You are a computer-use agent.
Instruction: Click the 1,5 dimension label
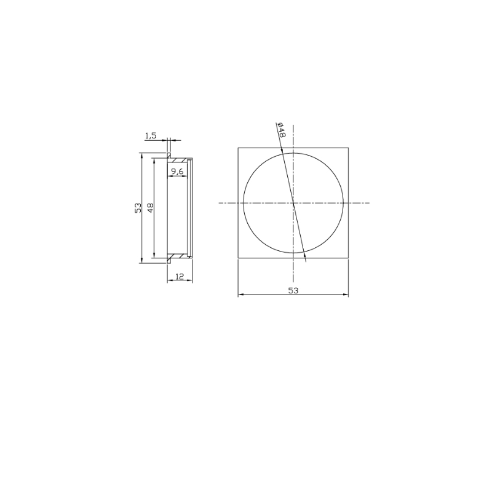tap(150, 135)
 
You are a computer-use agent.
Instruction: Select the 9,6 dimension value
tap(177, 171)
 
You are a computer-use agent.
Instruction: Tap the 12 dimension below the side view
tap(180, 276)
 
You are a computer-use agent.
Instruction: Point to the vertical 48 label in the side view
tap(151, 208)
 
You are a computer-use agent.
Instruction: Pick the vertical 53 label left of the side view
tap(138, 208)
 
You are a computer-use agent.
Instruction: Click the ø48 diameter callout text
tap(281, 130)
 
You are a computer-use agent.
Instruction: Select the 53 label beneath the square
tap(293, 290)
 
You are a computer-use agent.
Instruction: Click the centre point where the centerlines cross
tap(293, 203)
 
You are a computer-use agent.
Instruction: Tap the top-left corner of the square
tap(238, 148)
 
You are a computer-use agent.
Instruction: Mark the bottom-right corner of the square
tap(348, 258)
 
